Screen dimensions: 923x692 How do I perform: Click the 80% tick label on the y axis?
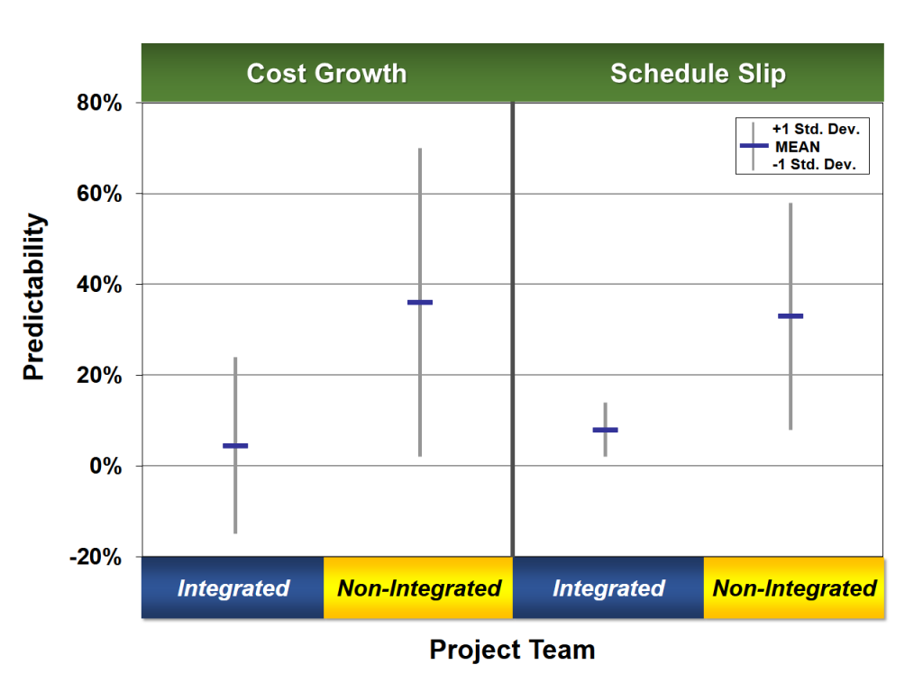(x=99, y=103)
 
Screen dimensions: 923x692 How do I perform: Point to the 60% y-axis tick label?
(x=99, y=194)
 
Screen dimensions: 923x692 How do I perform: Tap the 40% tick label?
(x=99, y=285)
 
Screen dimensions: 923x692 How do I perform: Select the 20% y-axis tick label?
(x=99, y=376)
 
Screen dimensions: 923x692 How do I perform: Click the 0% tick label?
(x=105, y=466)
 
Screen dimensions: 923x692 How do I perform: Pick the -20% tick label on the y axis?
(x=96, y=557)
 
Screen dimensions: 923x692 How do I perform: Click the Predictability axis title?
(x=33, y=296)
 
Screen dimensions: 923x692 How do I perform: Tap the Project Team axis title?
(x=512, y=650)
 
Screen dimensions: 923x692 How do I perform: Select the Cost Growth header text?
(x=326, y=74)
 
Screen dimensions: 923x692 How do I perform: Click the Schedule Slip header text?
(x=699, y=74)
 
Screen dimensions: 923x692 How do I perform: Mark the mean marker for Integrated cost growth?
(x=235, y=446)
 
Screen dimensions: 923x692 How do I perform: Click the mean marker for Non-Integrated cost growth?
(x=420, y=303)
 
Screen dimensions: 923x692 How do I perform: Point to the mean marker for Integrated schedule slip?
(x=605, y=430)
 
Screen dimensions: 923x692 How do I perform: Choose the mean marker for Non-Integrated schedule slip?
(x=790, y=316)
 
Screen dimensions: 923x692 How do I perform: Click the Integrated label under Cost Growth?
(x=233, y=588)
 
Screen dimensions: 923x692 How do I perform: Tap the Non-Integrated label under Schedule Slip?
(x=795, y=588)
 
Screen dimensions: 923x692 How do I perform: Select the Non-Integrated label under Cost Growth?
(x=419, y=588)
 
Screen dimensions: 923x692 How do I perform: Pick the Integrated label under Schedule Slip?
(x=608, y=588)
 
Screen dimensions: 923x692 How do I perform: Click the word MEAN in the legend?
(x=798, y=147)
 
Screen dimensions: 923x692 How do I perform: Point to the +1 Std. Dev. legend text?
(x=816, y=130)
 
